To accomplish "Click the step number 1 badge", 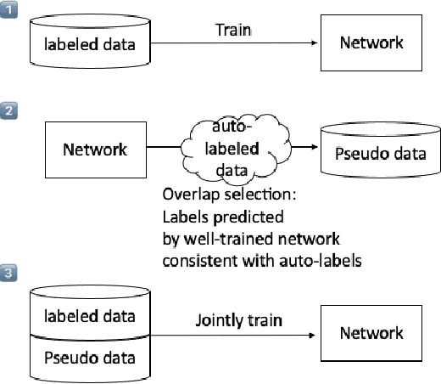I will tap(8, 10).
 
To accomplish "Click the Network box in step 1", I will tap(372, 42).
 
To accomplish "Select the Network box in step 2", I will tap(95, 150).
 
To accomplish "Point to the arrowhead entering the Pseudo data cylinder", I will tap(315, 150).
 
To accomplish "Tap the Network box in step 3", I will tap(372, 332).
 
